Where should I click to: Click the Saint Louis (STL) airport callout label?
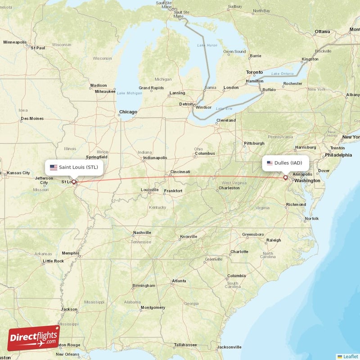pyautogui.click(x=74, y=167)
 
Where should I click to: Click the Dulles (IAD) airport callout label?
pyautogui.click(x=285, y=163)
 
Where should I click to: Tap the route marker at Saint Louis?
pyautogui.click(x=74, y=182)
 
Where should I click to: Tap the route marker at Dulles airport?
pyautogui.click(x=285, y=178)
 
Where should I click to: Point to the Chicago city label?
pyautogui.click(x=128, y=112)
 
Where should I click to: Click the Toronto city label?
pyautogui.click(x=254, y=72)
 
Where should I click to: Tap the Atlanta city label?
pyautogui.click(x=179, y=281)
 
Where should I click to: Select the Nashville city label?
pyautogui.click(x=142, y=233)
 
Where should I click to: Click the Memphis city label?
pyautogui.click(x=70, y=253)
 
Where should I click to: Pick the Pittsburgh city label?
pyautogui.click(x=254, y=144)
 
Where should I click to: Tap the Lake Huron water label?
pyautogui.click(x=207, y=45)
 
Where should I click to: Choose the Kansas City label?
pyautogui.click(x=18, y=173)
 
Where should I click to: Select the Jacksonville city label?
pyautogui.click(x=229, y=347)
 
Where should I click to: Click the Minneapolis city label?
pyautogui.click(x=15, y=42)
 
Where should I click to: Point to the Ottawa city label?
pyautogui.click(x=322, y=31)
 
